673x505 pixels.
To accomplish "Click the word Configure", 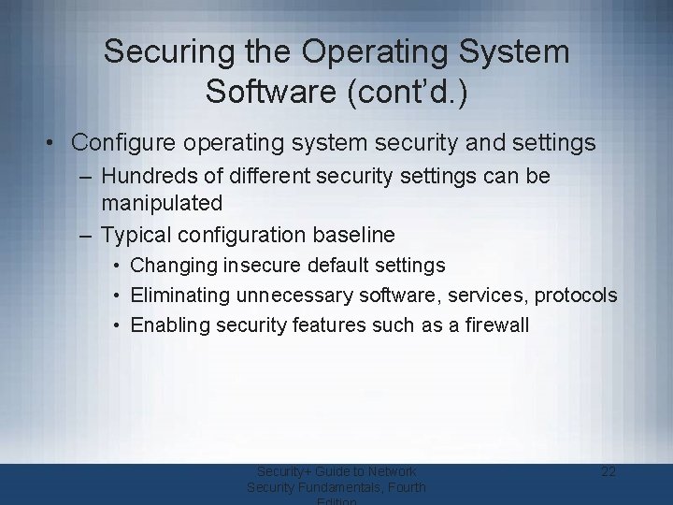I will [x=123, y=143].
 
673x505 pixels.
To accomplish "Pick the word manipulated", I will [x=162, y=202].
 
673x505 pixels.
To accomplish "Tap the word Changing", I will [x=174, y=266].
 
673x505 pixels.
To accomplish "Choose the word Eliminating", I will [x=182, y=296].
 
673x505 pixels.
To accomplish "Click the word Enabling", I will [x=170, y=325].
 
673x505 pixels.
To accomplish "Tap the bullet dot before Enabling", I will [x=120, y=325].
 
